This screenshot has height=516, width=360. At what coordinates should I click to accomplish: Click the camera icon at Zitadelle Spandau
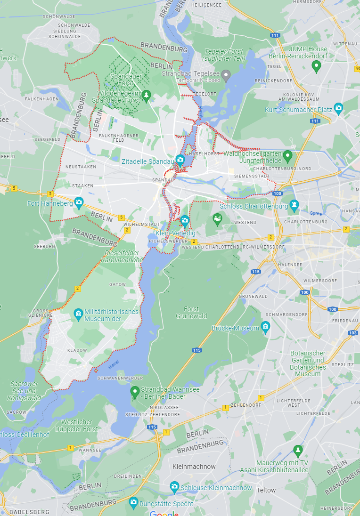point(180,159)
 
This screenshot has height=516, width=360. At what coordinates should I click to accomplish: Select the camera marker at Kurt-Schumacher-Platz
point(338,108)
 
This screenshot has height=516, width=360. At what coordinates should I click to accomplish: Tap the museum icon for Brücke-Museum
point(266,326)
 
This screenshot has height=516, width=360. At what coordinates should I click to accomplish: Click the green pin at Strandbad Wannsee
point(135,390)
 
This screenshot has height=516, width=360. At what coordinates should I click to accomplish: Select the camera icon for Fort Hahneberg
point(79,203)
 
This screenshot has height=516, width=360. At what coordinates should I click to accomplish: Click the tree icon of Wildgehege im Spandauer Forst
point(146,96)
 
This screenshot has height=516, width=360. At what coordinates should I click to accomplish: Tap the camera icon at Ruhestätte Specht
point(133,503)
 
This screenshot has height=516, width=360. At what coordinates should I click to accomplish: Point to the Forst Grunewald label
point(191,312)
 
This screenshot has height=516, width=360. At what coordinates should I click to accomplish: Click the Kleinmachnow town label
point(194,467)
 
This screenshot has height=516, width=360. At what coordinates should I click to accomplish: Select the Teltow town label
point(266,490)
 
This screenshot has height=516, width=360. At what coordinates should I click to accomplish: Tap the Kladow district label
point(77,350)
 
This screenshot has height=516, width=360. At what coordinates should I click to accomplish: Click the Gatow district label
point(118,284)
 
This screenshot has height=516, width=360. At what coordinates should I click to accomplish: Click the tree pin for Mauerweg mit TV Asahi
point(298,450)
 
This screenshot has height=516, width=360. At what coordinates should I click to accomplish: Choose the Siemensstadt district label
point(255,176)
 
